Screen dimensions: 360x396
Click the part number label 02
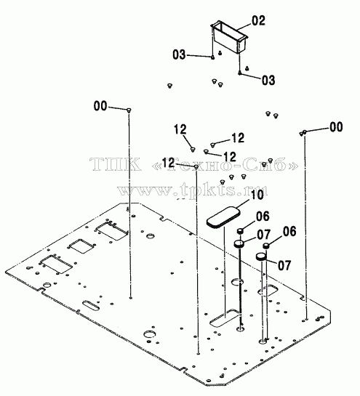[x=258, y=21]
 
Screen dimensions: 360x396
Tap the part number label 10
[x=257, y=195]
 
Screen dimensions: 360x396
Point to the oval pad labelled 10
[x=223, y=217]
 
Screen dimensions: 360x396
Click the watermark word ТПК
[x=116, y=163]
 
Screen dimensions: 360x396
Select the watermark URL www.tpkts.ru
[x=193, y=190]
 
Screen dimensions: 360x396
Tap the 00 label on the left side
[x=100, y=106]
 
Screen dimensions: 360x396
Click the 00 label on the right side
[x=336, y=126]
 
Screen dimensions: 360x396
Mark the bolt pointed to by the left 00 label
[x=129, y=110]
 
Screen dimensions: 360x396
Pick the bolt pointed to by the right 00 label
[x=305, y=132]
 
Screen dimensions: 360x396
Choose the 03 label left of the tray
[x=179, y=54]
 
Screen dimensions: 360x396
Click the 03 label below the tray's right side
[x=268, y=81]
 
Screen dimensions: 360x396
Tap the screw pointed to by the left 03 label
[x=213, y=57]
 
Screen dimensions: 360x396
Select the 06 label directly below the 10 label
[x=263, y=217]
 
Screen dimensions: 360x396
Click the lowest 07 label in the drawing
[x=284, y=265]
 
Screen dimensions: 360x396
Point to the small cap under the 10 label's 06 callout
[x=240, y=231]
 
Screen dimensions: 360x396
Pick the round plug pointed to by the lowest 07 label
[x=261, y=256]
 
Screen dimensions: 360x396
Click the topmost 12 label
[x=180, y=129]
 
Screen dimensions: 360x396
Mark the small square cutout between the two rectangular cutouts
[x=80, y=246]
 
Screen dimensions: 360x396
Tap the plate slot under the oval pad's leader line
[x=225, y=318]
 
